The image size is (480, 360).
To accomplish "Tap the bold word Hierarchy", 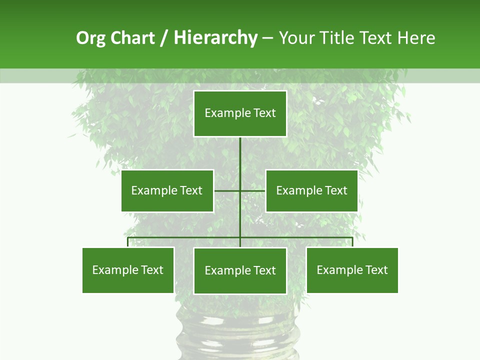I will pyautogui.click(x=215, y=38).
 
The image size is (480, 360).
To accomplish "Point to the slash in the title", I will pyautogui.click(x=164, y=38).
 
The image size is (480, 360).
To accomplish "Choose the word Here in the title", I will pyautogui.click(x=416, y=38).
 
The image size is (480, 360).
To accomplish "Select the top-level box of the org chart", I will pyautogui.click(x=240, y=113).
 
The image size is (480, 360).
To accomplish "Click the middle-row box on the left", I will pyautogui.click(x=167, y=190).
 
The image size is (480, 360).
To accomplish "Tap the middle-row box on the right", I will pyautogui.click(x=311, y=190).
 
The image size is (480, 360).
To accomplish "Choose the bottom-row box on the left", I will pyautogui.click(x=128, y=270).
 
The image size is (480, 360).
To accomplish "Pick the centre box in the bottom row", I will pyautogui.click(x=240, y=270).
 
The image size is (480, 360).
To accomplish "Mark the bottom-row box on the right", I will pyautogui.click(x=352, y=270).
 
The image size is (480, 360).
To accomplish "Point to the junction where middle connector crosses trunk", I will pyautogui.click(x=240, y=190).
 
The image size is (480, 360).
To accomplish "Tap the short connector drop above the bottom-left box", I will pyautogui.click(x=128, y=242).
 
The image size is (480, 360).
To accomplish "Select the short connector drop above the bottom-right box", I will pyautogui.click(x=352, y=242).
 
